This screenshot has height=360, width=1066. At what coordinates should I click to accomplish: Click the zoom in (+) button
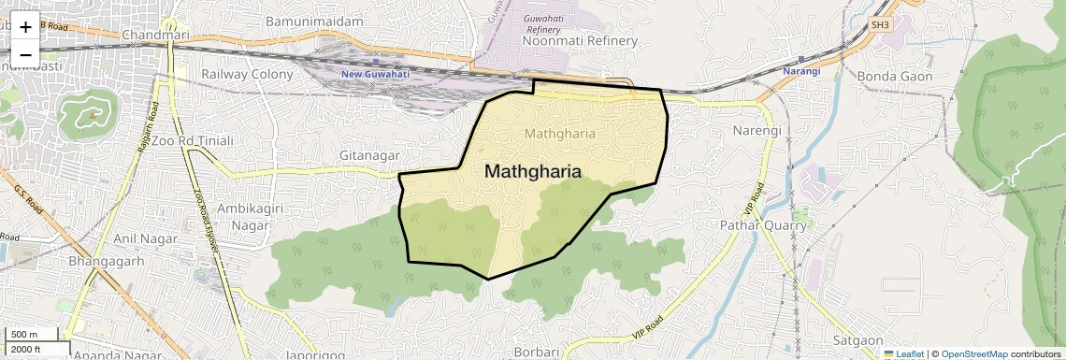[x=25, y=27]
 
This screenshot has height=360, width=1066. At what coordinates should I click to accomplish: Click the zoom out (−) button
[x=25, y=55]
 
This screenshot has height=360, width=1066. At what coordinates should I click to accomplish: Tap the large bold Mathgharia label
[x=533, y=172]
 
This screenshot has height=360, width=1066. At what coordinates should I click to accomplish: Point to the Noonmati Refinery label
[x=580, y=41]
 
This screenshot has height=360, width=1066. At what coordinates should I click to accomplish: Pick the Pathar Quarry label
[x=763, y=225]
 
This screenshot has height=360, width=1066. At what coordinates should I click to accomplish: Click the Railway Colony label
[x=247, y=74]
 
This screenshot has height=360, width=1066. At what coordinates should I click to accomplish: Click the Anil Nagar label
[x=138, y=238]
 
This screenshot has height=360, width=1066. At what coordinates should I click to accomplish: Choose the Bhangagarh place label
[x=106, y=261]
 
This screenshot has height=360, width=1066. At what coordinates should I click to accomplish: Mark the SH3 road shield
[x=880, y=24]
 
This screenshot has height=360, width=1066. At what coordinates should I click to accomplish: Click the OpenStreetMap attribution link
[x=974, y=353]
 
